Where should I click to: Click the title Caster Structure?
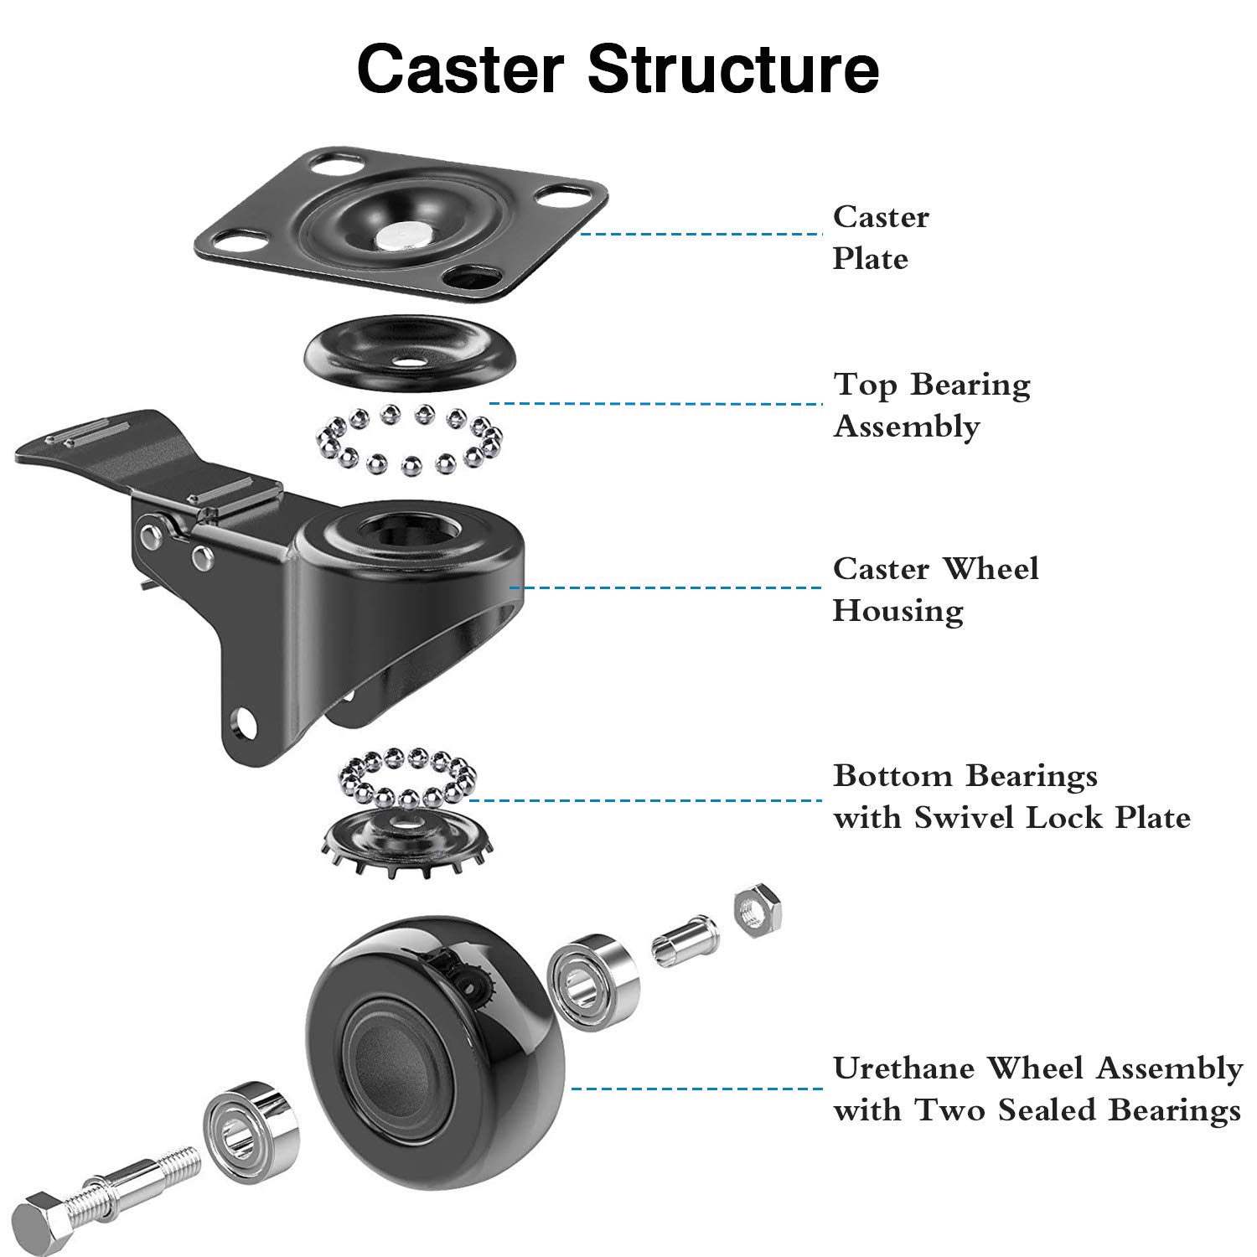click(618, 69)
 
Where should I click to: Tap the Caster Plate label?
click(880, 237)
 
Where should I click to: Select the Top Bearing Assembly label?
click(931, 405)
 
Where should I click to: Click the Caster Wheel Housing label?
click(934, 589)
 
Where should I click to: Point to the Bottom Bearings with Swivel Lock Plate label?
click(1011, 796)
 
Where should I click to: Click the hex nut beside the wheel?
click(758, 910)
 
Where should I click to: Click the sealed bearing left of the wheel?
click(250, 1130)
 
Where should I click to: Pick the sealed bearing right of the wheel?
click(592, 981)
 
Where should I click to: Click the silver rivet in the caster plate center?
click(400, 237)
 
